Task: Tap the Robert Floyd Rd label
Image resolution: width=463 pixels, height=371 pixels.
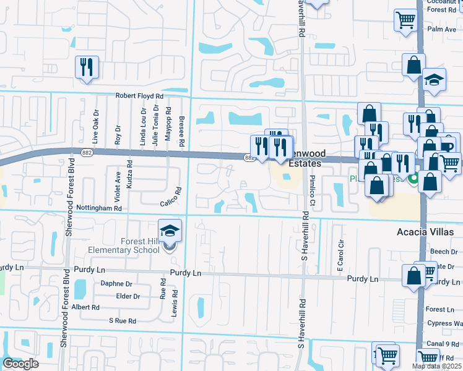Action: tap(140, 96)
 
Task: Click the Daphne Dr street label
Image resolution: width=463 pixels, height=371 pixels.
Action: tap(116, 284)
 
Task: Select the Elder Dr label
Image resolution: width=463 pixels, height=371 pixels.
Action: tap(128, 296)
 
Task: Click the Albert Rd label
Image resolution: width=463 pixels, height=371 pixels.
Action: tap(86, 307)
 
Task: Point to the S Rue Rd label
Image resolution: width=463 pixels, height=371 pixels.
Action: tap(122, 321)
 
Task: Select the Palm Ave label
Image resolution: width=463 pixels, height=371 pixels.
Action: tap(441, 29)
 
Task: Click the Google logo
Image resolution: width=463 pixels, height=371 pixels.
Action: tap(20, 364)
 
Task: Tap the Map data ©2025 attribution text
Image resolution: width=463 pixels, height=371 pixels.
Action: tap(436, 366)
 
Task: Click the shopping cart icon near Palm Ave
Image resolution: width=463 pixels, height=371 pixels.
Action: tap(405, 20)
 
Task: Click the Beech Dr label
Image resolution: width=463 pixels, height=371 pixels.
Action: tap(443, 252)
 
